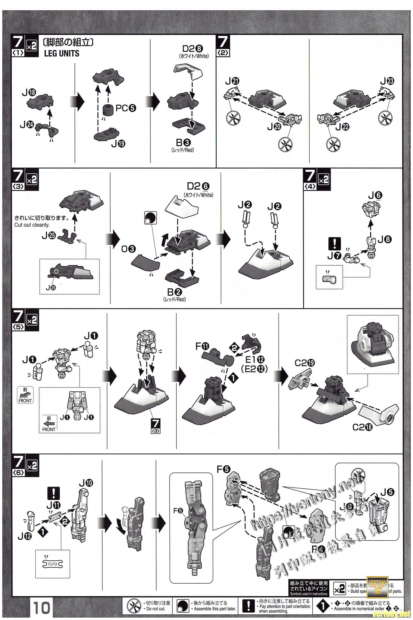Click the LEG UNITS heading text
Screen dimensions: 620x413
pos(62,53)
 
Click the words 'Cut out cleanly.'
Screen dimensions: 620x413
pos(32,225)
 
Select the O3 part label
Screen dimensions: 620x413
pos(128,249)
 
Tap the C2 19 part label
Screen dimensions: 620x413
pos(305,363)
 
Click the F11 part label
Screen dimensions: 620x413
pos(202,346)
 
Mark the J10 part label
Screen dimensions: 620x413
pos(85,483)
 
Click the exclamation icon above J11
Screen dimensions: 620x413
pos(53,493)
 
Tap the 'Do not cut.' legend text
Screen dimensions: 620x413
pos(155,609)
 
